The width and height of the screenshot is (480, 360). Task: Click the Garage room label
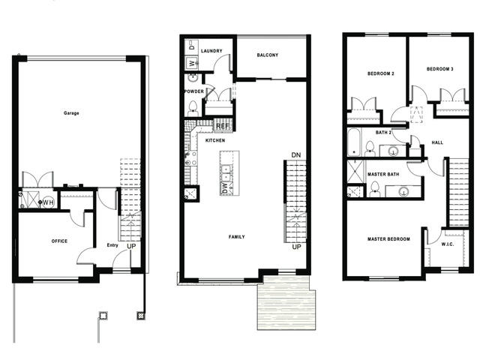71,113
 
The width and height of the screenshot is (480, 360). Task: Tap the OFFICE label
59,241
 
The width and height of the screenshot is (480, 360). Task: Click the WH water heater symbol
48,202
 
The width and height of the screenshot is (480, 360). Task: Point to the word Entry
112,245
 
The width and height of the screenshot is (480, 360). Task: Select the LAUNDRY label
211,51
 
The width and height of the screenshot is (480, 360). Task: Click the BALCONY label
268,55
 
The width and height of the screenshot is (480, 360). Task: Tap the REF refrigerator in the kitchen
223,126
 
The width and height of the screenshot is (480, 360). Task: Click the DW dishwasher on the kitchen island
226,188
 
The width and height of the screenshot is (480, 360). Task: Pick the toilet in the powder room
193,108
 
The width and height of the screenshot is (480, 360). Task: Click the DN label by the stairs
296,155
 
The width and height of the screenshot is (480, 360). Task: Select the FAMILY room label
237,237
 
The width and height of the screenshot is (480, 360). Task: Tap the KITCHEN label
215,140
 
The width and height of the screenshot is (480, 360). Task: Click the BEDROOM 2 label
381,73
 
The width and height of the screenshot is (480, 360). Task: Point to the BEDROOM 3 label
440,69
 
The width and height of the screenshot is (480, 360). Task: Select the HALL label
437,142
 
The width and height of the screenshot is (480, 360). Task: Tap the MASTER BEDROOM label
388,238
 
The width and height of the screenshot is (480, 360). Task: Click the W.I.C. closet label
448,244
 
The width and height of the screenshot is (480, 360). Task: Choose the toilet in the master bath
375,189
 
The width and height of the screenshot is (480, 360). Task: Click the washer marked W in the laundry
192,63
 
